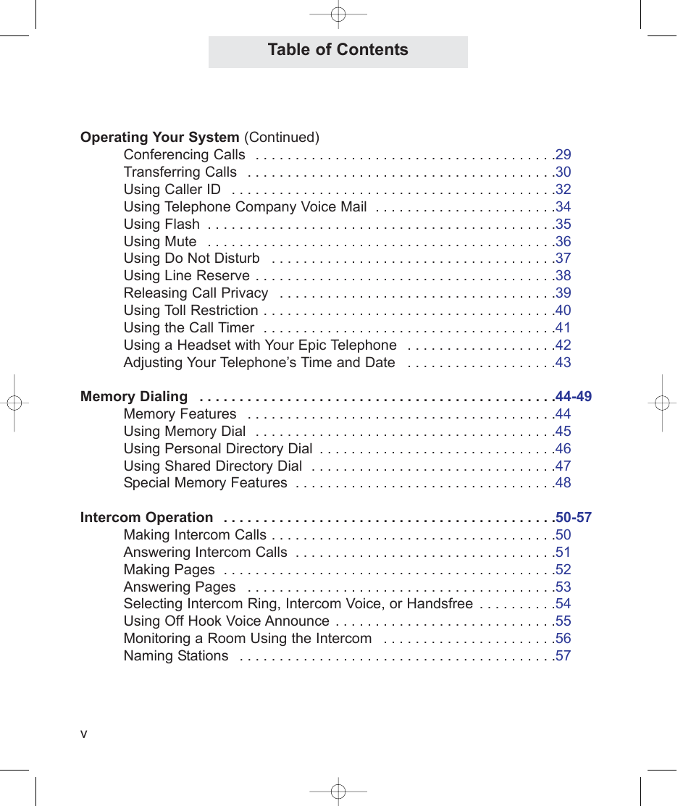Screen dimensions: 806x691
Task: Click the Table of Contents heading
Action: [338, 50]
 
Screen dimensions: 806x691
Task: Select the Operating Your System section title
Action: [159, 138]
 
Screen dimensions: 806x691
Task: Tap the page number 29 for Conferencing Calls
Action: [563, 154]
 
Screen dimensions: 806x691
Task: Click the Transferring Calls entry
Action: [180, 172]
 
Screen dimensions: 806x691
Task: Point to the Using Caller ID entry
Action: [172, 190]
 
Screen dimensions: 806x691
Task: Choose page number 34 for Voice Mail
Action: [563, 207]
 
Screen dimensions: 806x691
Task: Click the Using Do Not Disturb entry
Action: [191, 259]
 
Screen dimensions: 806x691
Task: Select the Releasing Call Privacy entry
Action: [196, 293]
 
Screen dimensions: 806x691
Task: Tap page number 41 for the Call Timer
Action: [563, 328]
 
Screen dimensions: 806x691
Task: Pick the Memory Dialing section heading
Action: [134, 397]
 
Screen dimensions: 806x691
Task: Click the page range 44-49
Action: [574, 397]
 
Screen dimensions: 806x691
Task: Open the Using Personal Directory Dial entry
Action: [218, 449]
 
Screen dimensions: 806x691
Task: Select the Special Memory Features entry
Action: [205, 483]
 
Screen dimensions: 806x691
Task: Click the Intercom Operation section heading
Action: [147, 518]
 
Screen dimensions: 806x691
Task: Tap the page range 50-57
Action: [574, 518]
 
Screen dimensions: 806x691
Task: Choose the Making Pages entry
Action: [169, 570]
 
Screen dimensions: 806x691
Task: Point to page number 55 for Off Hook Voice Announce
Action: [563, 621]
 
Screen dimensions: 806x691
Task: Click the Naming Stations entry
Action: [176, 656]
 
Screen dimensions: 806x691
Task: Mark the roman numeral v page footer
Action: [84, 734]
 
